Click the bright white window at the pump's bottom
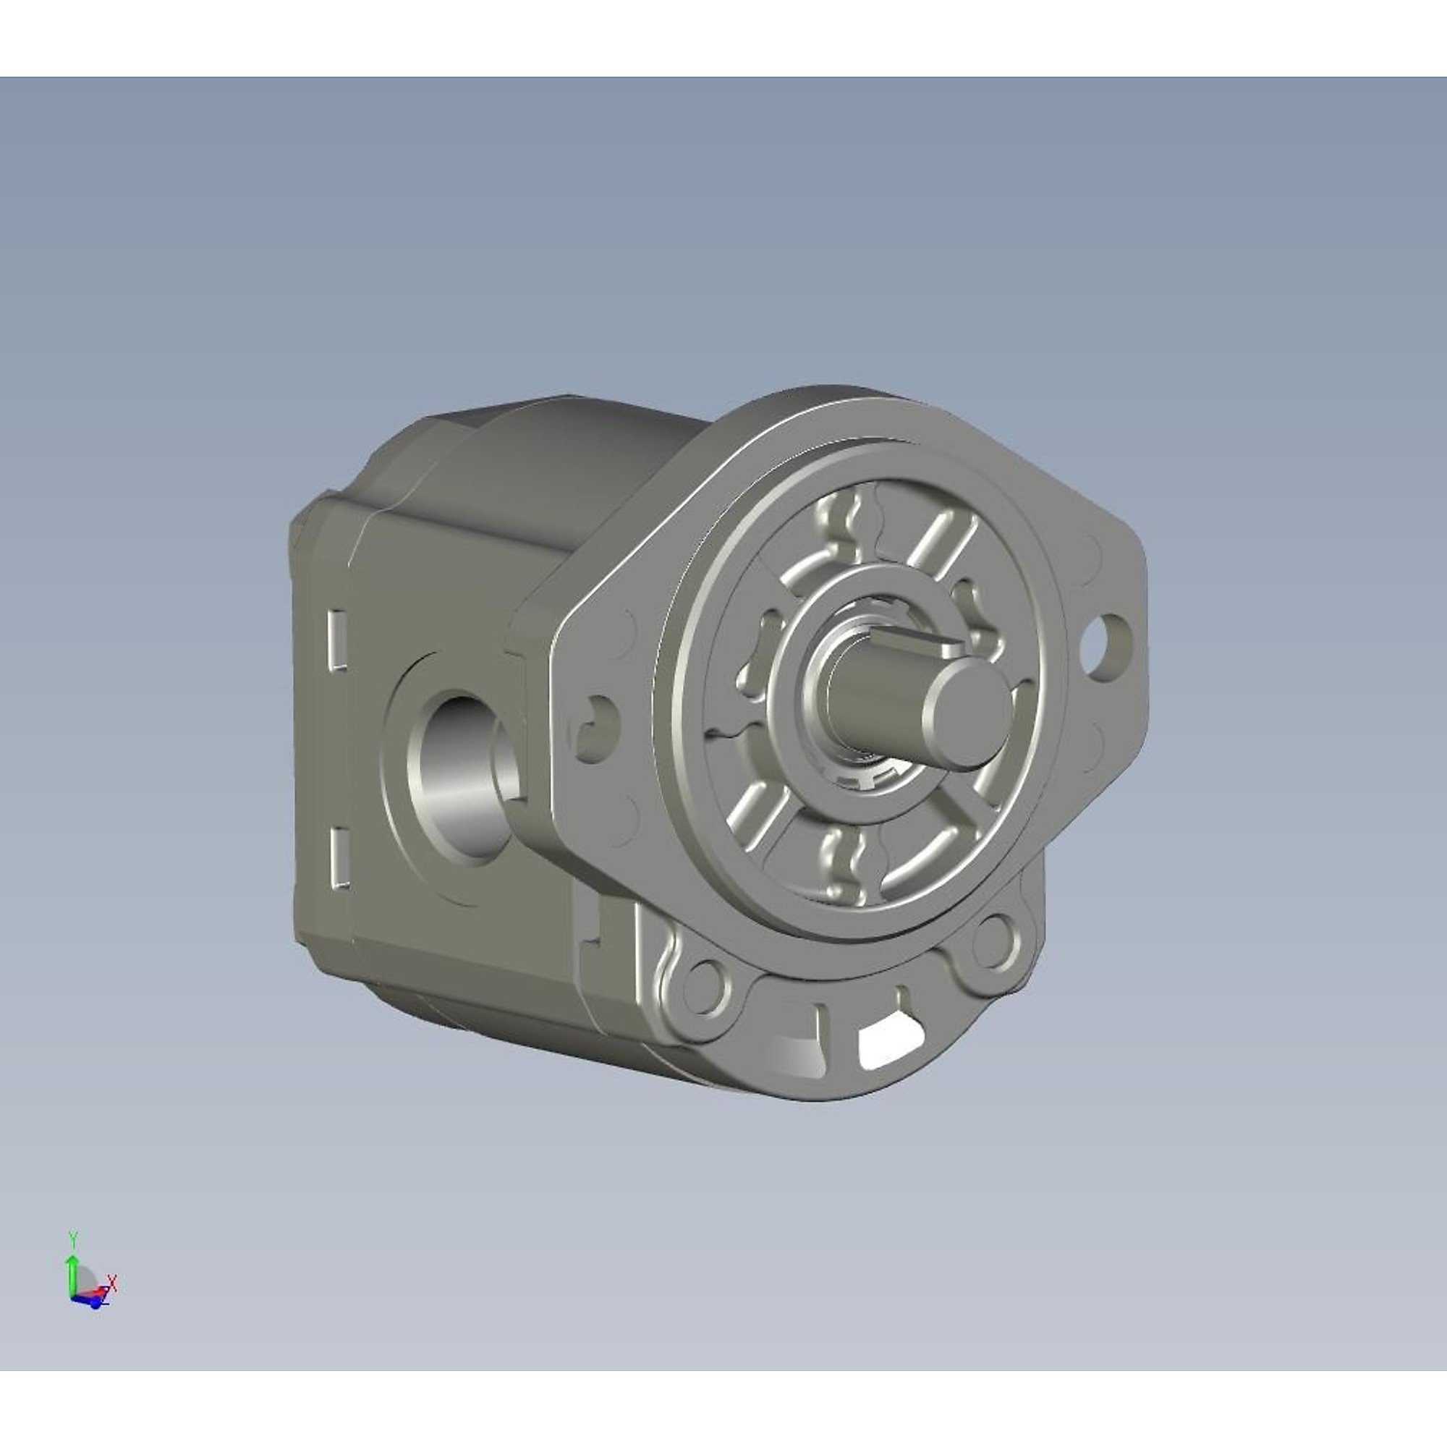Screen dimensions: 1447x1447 [888, 1044]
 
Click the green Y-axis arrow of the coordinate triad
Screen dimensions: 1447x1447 [72, 1274]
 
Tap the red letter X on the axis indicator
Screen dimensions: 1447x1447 [113, 1283]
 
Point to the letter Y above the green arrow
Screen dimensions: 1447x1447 [72, 1236]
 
